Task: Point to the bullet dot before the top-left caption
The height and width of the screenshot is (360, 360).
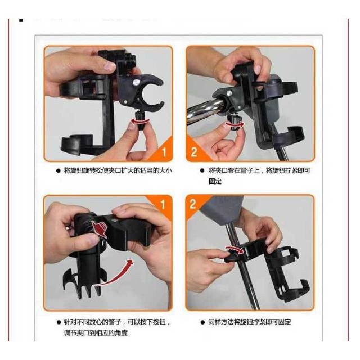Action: (58, 170)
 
